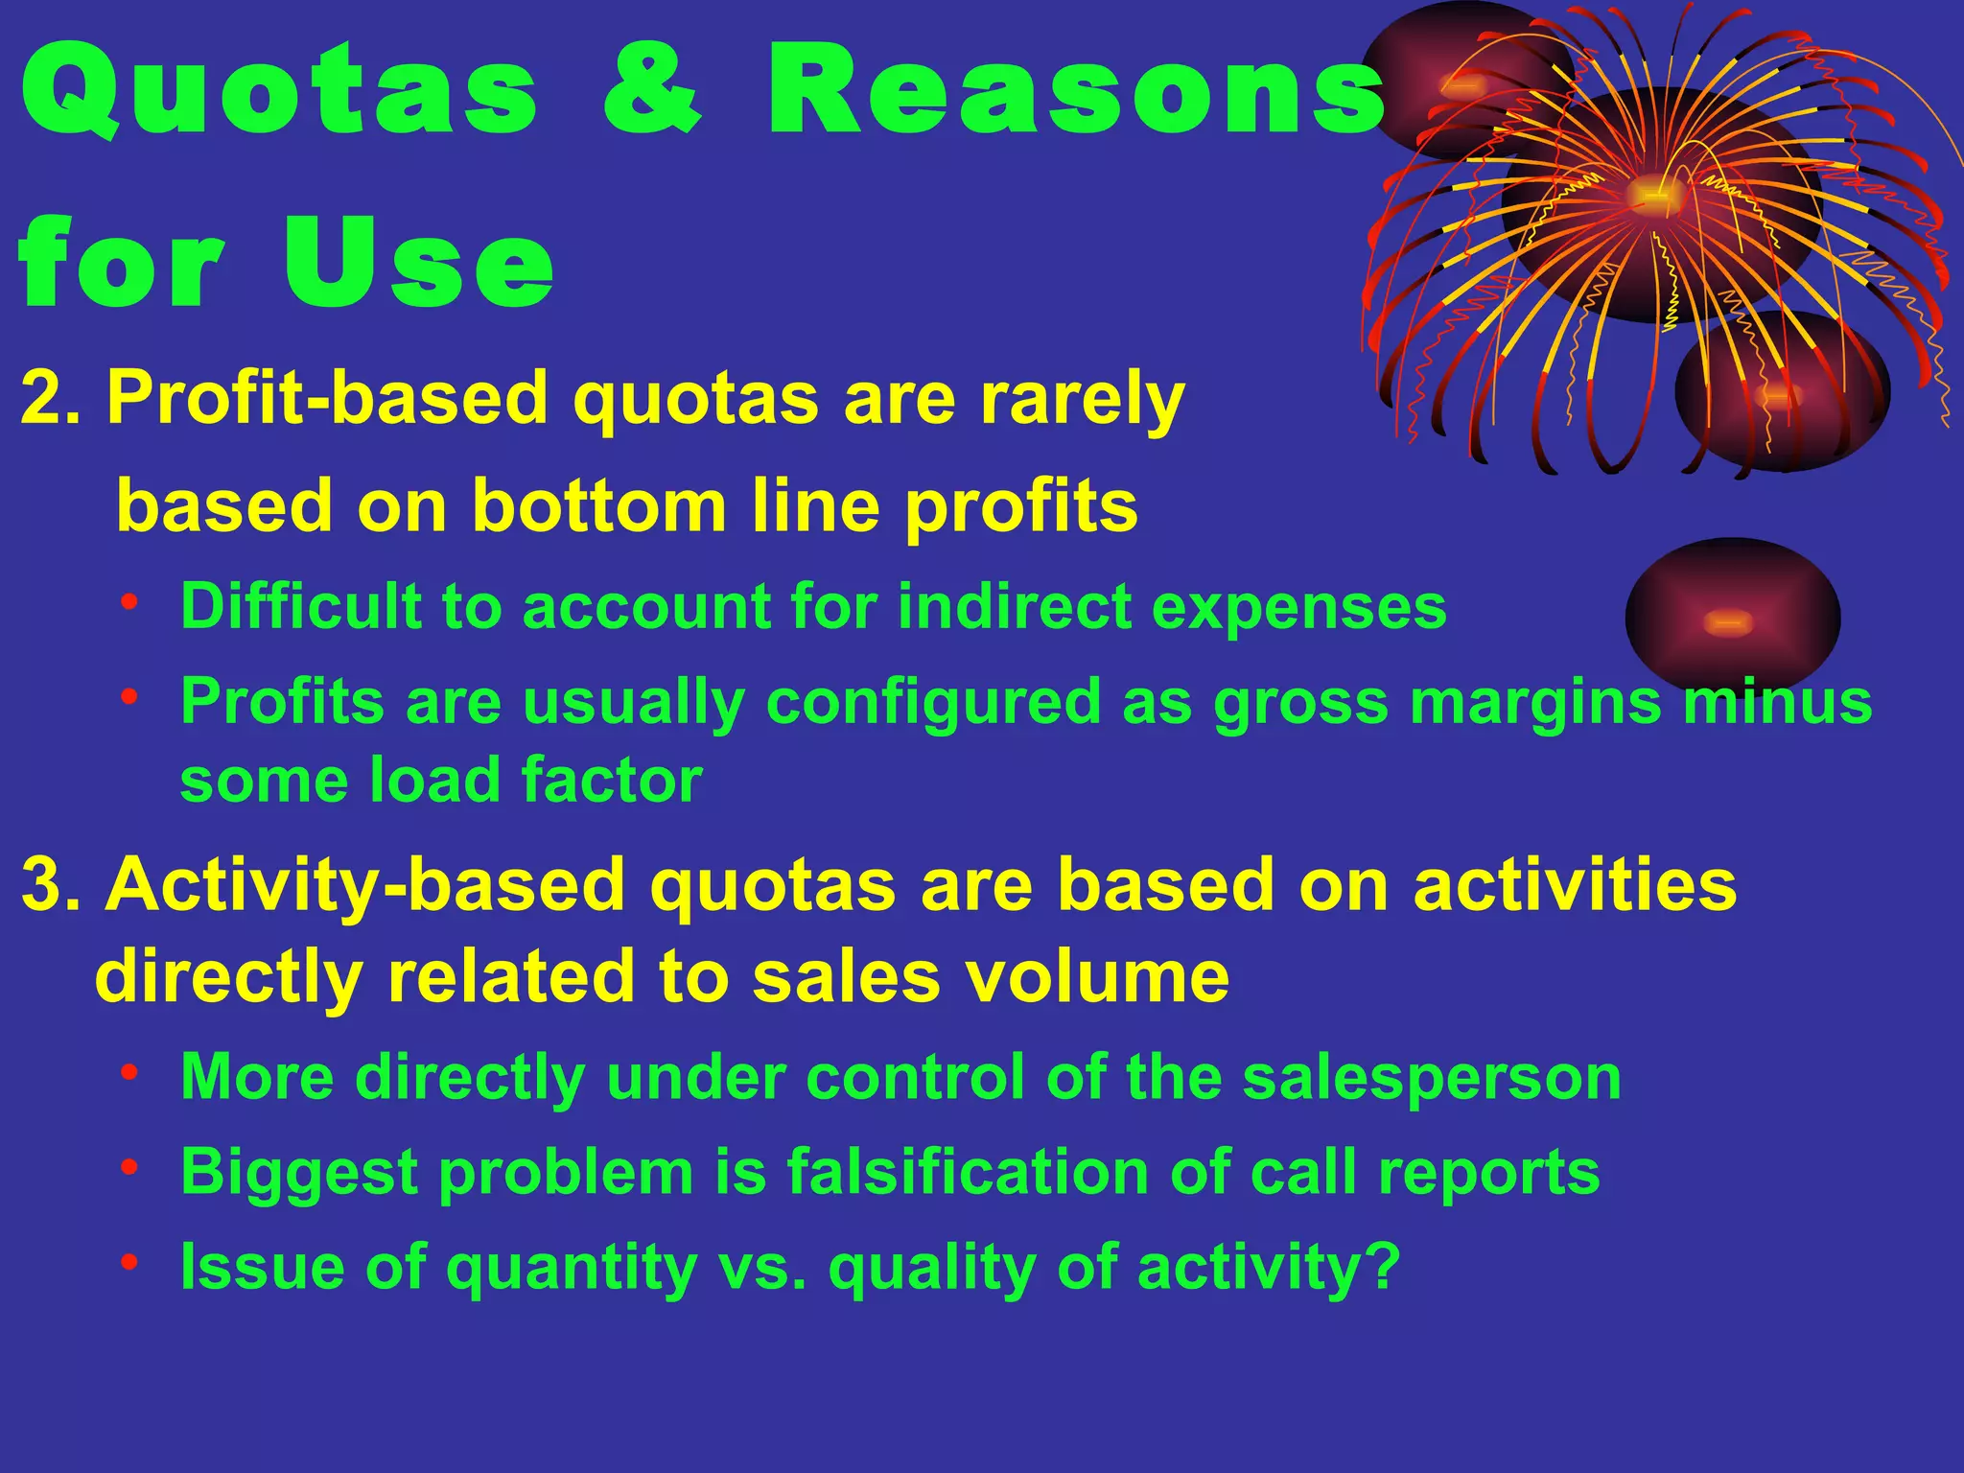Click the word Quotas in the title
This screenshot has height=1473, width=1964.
[278, 94]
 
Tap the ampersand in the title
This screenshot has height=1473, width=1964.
[652, 94]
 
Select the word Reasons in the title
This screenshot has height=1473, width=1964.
[1074, 94]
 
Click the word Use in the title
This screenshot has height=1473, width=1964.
[419, 264]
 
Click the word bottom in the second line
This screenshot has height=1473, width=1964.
[599, 506]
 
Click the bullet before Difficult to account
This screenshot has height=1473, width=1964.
[130, 604]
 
